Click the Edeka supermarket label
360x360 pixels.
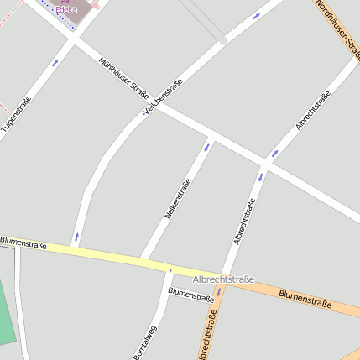66,10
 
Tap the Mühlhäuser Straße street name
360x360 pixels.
123,79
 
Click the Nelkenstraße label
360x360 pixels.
177,200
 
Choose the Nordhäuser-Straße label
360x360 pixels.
337,25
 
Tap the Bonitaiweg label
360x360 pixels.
144,343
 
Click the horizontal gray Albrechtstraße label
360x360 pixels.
223,278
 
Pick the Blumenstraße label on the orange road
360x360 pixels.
305,299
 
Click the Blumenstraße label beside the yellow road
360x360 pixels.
23,242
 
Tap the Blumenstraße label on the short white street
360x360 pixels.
191,295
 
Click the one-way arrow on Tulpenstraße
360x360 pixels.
55,62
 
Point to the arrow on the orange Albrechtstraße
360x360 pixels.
217,292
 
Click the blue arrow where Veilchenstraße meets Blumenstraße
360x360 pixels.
77,237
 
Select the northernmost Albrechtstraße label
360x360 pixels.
312,110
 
